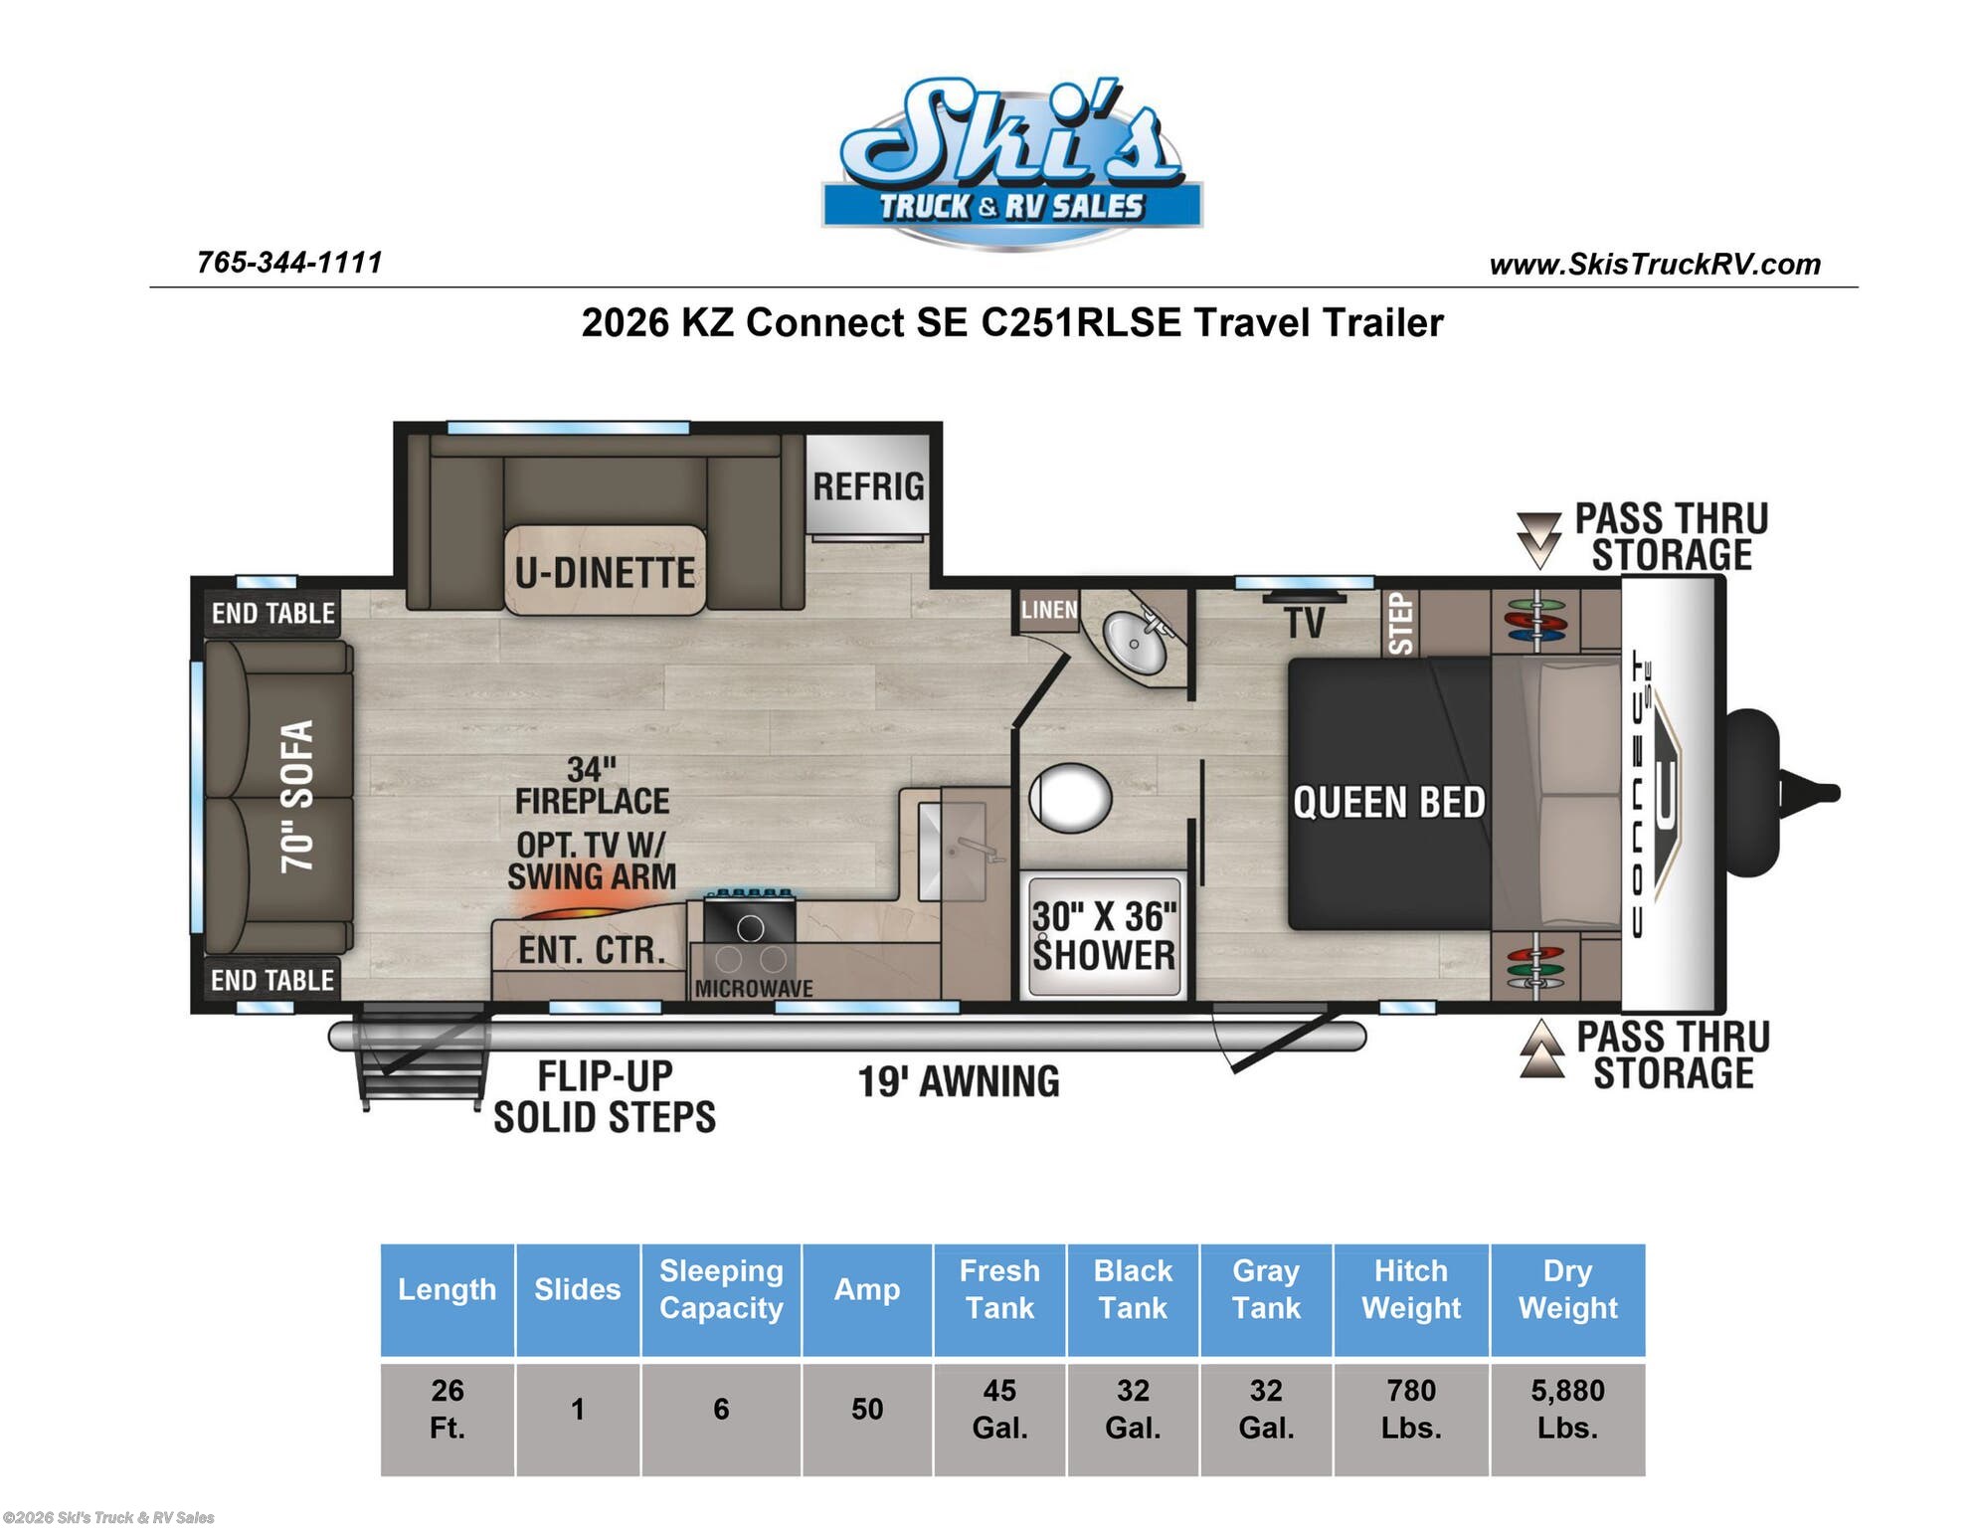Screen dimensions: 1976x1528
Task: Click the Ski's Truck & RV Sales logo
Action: point(1011,161)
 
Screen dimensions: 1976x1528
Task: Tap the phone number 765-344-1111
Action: point(289,263)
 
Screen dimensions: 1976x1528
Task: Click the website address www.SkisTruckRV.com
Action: point(1655,265)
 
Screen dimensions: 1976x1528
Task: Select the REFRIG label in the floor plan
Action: point(868,486)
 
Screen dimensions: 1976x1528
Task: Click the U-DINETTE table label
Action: point(605,573)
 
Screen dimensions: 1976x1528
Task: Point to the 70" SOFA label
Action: point(297,796)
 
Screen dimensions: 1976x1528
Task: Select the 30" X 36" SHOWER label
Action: point(1104,935)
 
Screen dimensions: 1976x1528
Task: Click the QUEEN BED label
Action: point(1388,802)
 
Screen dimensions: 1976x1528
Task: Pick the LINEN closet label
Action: point(1049,609)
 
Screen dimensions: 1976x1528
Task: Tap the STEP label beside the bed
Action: point(1400,624)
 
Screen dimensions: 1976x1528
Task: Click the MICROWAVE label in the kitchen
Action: point(753,988)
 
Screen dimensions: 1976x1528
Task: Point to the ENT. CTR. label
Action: point(592,950)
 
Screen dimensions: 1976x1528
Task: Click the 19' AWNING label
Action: point(959,1081)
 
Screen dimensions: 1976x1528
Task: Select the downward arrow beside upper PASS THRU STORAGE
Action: point(1538,540)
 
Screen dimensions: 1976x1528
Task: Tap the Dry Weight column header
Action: point(1567,1289)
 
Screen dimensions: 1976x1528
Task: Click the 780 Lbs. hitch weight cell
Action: point(1411,1409)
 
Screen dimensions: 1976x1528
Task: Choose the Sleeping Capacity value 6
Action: point(721,1409)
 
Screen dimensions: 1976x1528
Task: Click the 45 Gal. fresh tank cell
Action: point(999,1409)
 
